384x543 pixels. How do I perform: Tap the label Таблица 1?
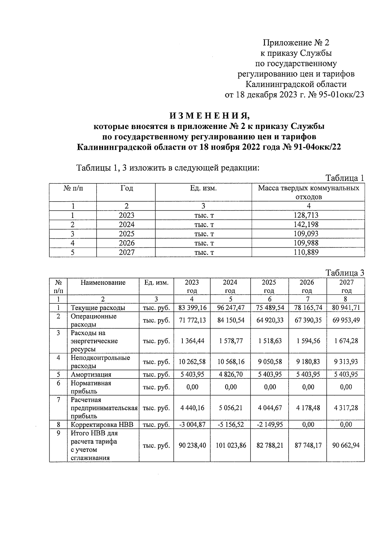(x=345, y=178)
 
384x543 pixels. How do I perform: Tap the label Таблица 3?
(x=345, y=273)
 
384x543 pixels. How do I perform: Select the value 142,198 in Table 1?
(x=306, y=225)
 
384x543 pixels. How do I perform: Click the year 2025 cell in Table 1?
(x=126, y=234)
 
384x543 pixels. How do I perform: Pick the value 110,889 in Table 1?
(x=306, y=252)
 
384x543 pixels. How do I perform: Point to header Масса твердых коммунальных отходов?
(x=308, y=192)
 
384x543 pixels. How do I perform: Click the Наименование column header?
(x=103, y=283)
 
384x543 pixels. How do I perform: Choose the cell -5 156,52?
(x=231, y=425)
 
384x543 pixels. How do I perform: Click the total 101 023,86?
(x=231, y=445)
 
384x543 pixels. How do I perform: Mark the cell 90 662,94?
(x=346, y=445)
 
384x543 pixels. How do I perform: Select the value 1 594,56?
(x=308, y=341)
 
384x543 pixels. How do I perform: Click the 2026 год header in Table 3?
(x=307, y=286)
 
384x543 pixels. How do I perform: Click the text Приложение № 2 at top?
(x=296, y=43)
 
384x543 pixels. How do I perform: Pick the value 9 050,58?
(x=270, y=362)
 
